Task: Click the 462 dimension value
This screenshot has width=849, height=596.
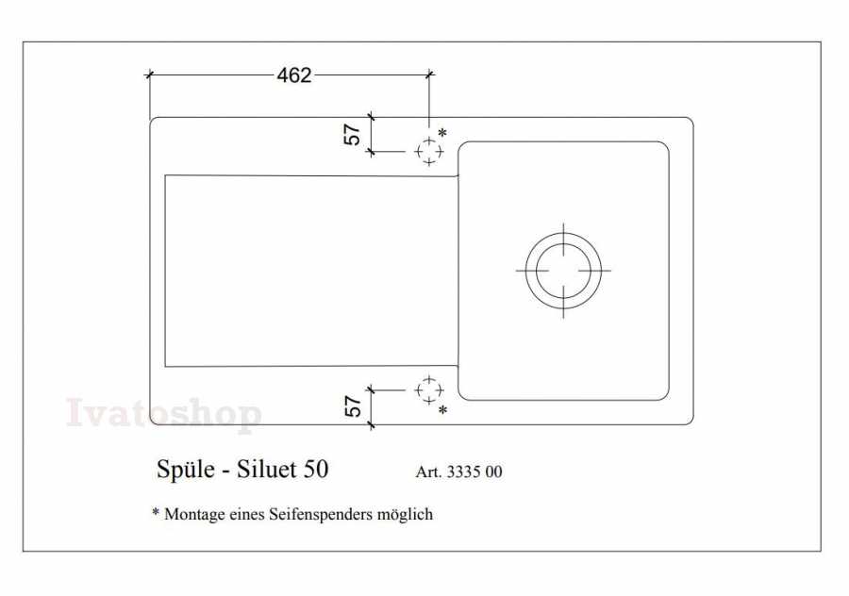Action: coord(294,75)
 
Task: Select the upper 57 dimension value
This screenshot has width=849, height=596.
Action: coord(352,134)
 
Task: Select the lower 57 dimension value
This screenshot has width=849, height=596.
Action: coord(352,406)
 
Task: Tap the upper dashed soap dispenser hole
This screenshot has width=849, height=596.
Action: coord(429,152)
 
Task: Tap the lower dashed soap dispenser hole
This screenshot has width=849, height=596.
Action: coord(429,389)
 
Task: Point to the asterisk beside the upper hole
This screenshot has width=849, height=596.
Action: coord(442,133)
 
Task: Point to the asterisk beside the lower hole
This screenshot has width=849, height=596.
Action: coord(443,410)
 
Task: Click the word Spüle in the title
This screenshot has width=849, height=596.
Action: coord(185,470)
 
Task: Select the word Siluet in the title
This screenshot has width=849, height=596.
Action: coord(266,469)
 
